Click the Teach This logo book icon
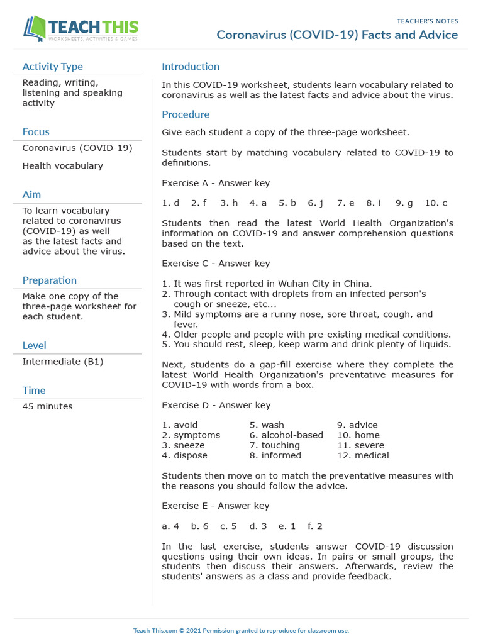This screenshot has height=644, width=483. (x=35, y=29)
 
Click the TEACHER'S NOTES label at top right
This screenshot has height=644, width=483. (x=427, y=21)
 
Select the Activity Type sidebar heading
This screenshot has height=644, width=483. (x=52, y=67)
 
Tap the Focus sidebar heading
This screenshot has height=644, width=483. (x=36, y=132)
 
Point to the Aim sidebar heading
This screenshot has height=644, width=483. (x=31, y=195)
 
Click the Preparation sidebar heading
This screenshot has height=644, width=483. (x=49, y=280)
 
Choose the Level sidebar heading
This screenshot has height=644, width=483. (x=34, y=345)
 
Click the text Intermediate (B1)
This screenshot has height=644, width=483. (x=63, y=362)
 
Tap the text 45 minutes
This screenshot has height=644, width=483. (x=47, y=406)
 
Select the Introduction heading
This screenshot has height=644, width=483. (x=191, y=67)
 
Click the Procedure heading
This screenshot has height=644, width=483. (x=186, y=114)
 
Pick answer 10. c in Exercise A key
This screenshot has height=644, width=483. (x=436, y=203)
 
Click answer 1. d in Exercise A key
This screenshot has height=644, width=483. (x=170, y=203)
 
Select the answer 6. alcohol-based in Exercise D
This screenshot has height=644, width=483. (x=286, y=435)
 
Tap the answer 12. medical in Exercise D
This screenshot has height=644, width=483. (x=363, y=455)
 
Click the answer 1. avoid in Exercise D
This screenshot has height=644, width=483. (x=179, y=425)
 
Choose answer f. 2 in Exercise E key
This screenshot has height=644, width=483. (x=314, y=526)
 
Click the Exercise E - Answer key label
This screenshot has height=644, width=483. (x=216, y=506)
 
